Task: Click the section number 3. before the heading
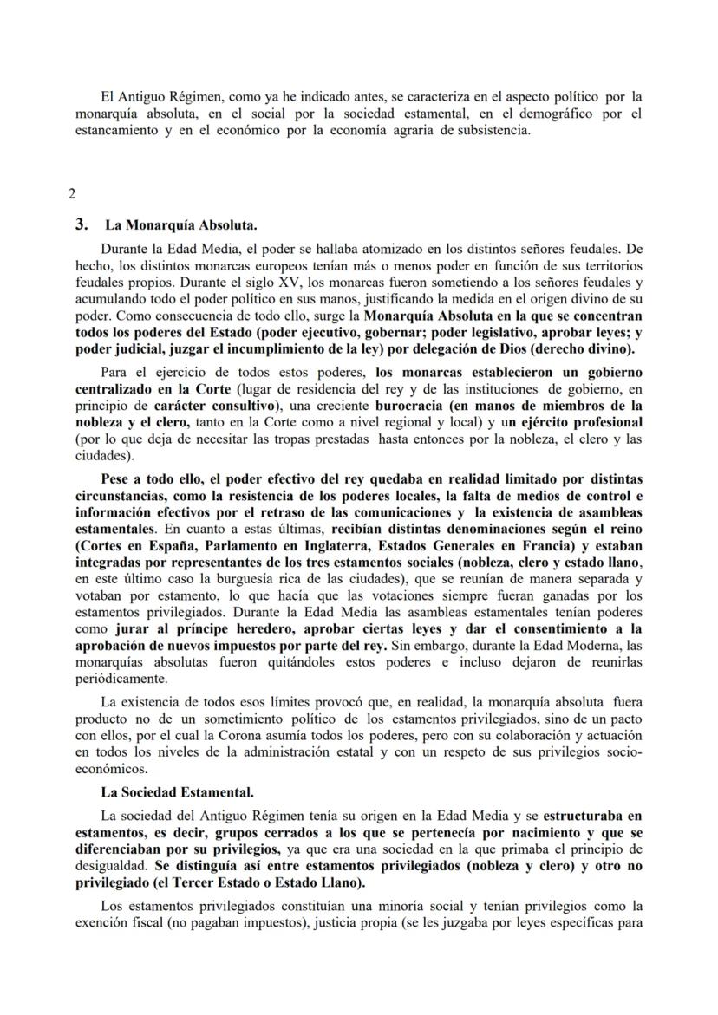coord(82,224)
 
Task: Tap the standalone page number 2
coord(72,193)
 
